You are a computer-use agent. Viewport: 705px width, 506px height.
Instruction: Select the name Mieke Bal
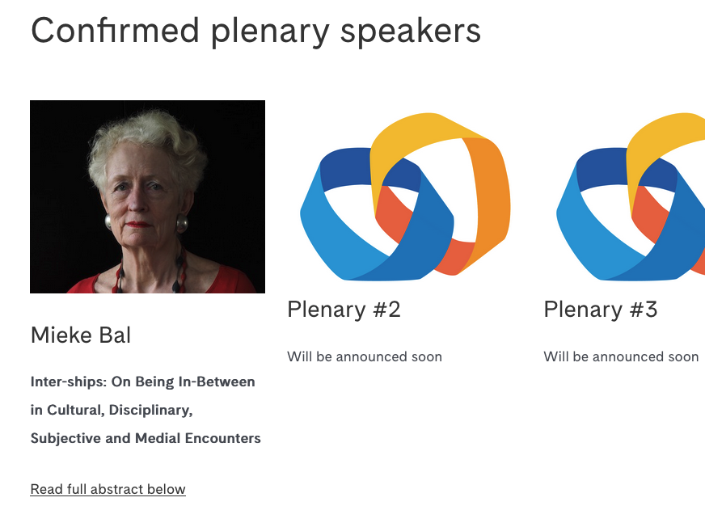[x=81, y=335]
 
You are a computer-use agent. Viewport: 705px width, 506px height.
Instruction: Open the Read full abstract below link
[x=108, y=489]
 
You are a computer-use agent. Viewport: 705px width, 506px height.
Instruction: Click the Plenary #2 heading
[x=344, y=309]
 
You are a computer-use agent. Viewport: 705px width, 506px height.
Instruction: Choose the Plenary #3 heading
[x=600, y=309]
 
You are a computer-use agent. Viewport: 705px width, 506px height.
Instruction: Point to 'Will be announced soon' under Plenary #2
[x=365, y=356]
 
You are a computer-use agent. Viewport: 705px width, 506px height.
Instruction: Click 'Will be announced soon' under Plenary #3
[x=621, y=356]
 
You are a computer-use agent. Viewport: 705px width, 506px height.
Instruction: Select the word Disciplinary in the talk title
[x=153, y=410]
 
